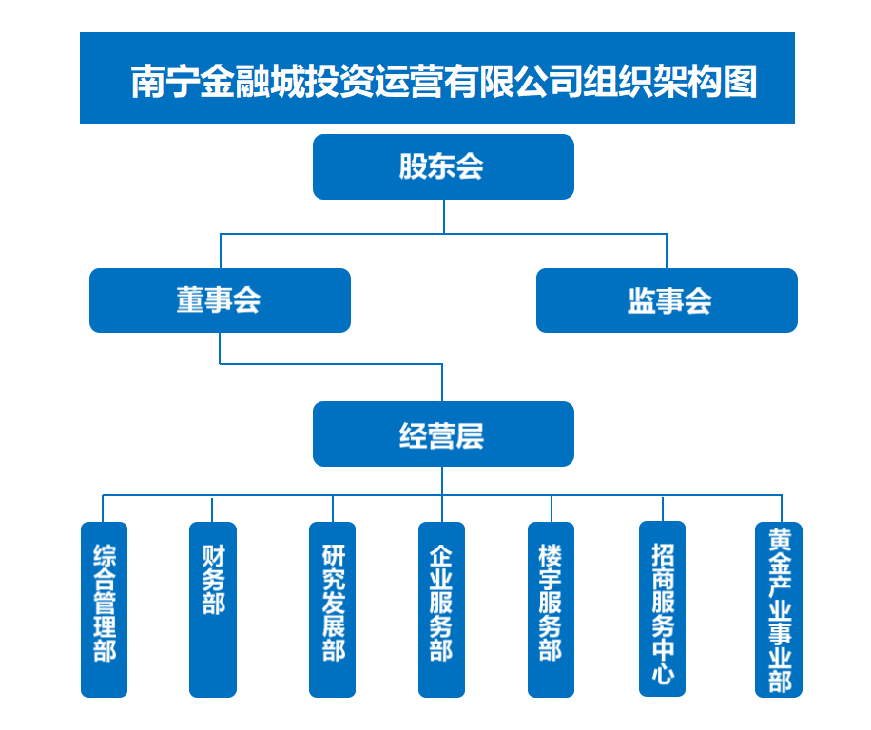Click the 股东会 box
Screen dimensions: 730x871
pyautogui.click(x=443, y=166)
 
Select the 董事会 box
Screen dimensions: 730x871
pyautogui.click(x=220, y=300)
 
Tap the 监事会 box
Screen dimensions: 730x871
pyautogui.click(x=667, y=300)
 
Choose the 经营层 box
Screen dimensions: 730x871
pyautogui.click(x=443, y=434)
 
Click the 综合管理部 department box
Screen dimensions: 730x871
pyautogui.click(x=104, y=609)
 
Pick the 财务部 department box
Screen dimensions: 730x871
pyautogui.click(x=212, y=609)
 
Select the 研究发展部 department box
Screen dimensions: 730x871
pyautogui.click(x=333, y=609)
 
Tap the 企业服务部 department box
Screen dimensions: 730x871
pyautogui.click(x=441, y=609)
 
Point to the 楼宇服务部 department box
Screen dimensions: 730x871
pyautogui.click(x=551, y=609)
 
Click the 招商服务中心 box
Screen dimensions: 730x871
pyautogui.click(x=662, y=609)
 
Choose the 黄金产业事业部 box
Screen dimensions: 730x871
pyautogui.click(x=779, y=609)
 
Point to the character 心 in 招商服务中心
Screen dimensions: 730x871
pyautogui.click(x=662, y=673)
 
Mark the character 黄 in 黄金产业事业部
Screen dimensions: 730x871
pyautogui.click(x=779, y=538)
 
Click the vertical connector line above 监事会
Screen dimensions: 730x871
pyautogui.click(x=667, y=251)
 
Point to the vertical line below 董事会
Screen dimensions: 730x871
pyautogui.click(x=220, y=348)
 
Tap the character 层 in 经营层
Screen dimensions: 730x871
pyautogui.click(x=470, y=435)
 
